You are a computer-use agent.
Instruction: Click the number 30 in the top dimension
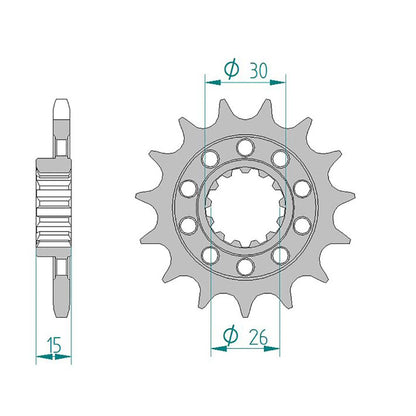258,70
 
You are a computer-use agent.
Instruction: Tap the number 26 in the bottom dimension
258,337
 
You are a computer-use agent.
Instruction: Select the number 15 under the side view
54,345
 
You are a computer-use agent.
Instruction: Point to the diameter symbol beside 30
231,69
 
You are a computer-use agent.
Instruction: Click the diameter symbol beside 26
230,336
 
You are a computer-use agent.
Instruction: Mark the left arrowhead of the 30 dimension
213,82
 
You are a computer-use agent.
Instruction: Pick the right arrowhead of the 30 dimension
277,82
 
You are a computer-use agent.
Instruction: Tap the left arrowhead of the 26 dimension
219,349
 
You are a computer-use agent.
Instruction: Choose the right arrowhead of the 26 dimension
271,349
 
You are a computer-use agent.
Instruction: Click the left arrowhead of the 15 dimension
44,357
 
